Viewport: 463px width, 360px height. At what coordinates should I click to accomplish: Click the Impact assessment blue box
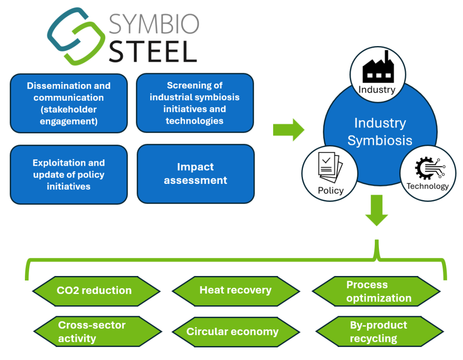tap(195, 174)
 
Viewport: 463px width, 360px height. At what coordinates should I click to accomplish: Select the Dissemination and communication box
tap(69, 103)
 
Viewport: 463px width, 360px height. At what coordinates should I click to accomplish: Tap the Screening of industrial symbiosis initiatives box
tap(195, 103)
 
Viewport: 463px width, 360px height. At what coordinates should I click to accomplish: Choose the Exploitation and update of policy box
tap(69, 174)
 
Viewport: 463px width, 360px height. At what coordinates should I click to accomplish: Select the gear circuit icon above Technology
tap(427, 169)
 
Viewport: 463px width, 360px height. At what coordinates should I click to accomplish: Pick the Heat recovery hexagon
tap(236, 290)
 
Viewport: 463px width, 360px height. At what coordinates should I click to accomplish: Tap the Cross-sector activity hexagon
tap(92, 332)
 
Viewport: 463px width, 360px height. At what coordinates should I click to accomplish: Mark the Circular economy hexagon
tap(232, 332)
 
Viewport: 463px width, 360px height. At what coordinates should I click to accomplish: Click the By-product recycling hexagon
tap(378, 332)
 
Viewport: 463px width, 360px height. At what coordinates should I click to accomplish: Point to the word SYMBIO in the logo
tap(154, 24)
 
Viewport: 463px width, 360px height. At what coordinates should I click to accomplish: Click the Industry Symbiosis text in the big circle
tap(380, 131)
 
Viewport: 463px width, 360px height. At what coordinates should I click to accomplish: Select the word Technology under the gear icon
tap(427, 186)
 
